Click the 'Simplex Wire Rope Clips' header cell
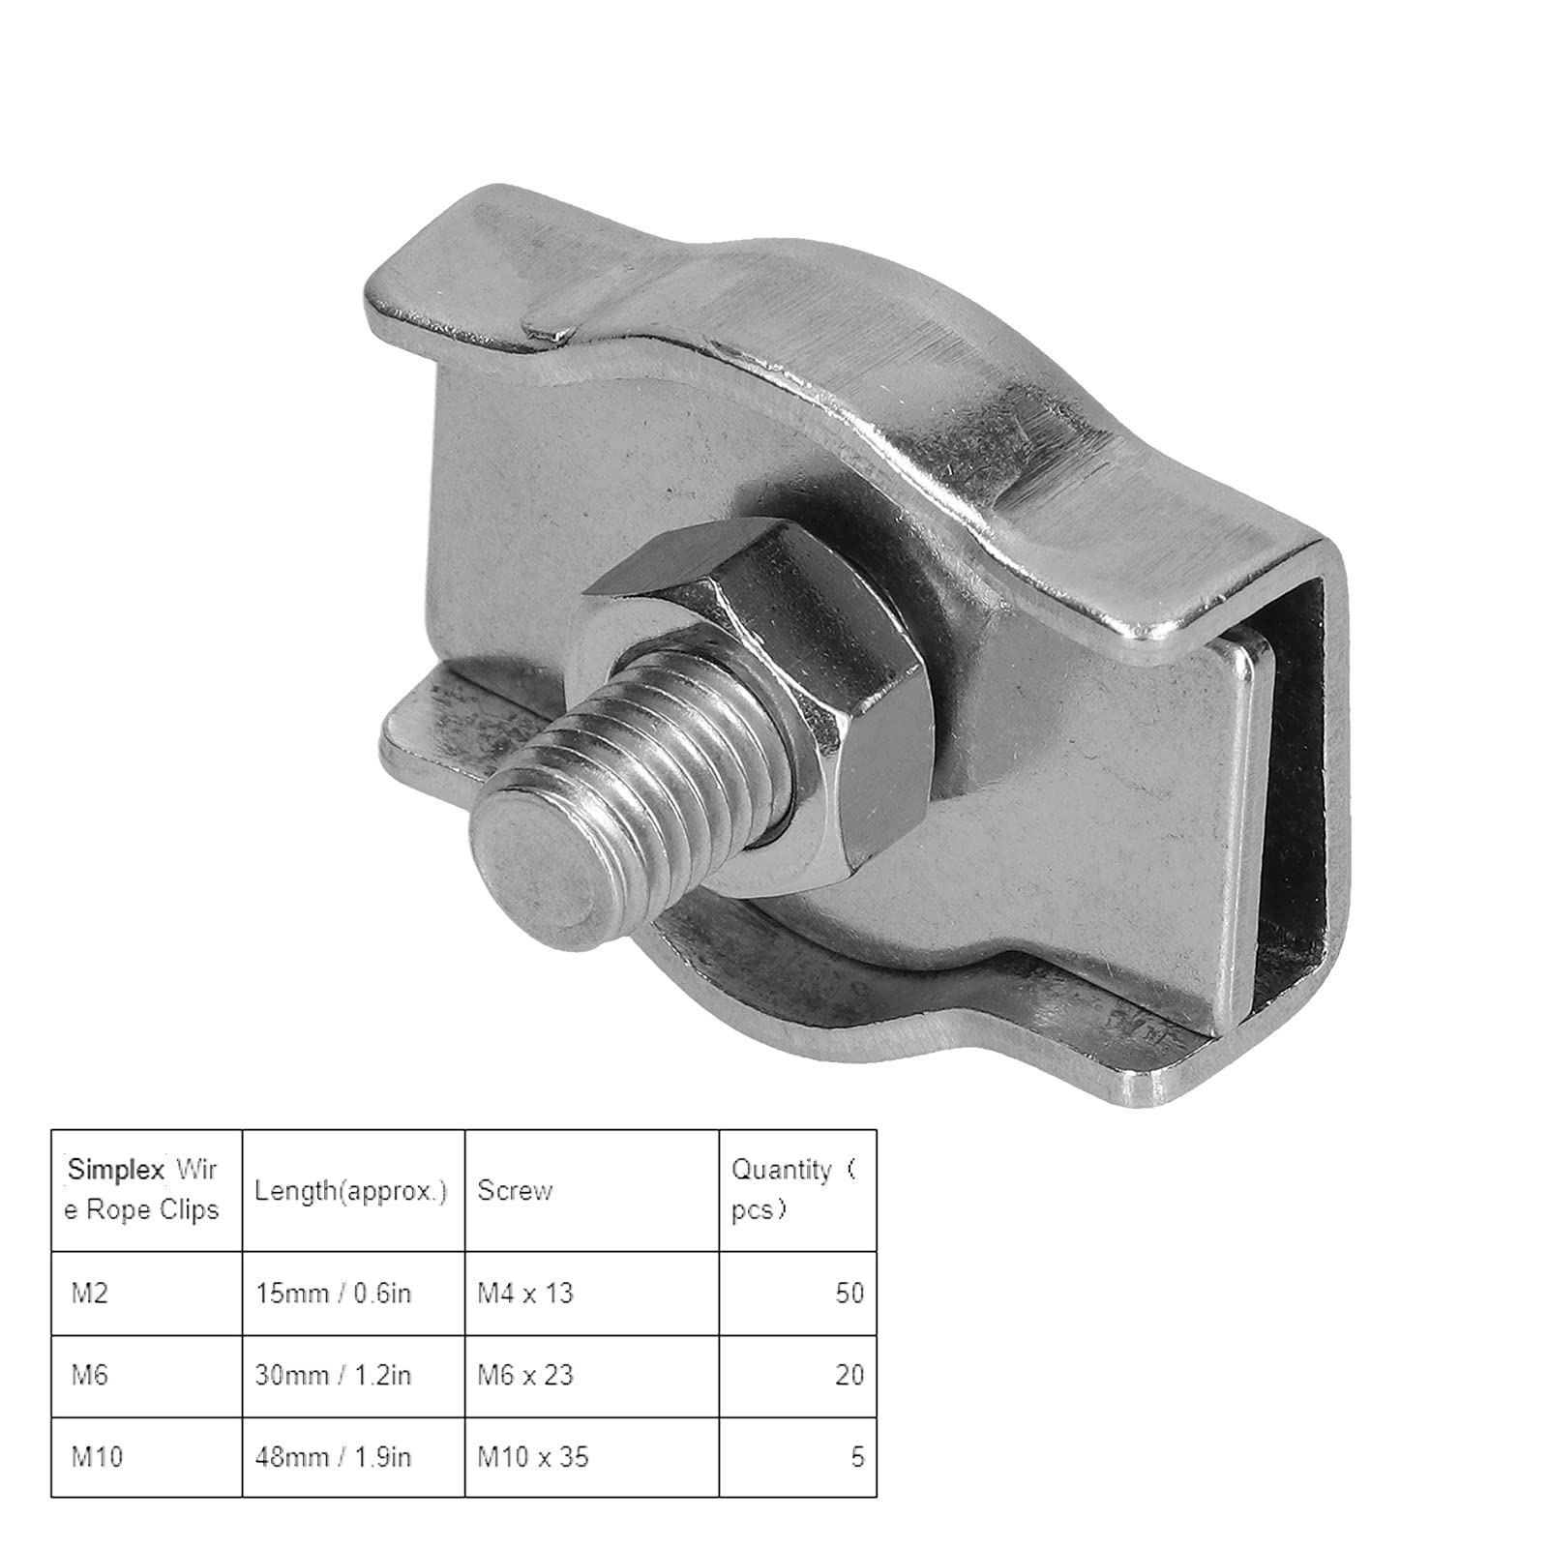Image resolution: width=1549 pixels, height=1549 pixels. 143,1189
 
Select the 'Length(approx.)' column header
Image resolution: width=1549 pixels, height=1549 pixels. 351,1190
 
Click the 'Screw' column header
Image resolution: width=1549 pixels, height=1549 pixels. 515,1190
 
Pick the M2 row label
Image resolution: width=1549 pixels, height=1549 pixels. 90,1293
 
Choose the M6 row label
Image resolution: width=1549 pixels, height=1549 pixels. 90,1375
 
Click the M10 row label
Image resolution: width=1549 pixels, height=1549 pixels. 97,1456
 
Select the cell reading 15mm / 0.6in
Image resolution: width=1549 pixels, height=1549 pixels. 334,1293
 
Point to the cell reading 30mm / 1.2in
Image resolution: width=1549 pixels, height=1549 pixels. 334,1375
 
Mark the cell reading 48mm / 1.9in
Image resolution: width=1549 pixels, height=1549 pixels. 334,1456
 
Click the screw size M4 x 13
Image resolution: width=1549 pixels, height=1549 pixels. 525,1293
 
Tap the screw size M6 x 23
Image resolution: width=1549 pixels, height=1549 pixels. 525,1375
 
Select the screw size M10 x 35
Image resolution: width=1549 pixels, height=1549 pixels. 533,1456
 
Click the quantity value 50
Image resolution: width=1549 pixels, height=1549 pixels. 849,1293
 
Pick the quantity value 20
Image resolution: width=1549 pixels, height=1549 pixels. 849,1375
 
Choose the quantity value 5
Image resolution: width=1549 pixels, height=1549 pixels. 857,1456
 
